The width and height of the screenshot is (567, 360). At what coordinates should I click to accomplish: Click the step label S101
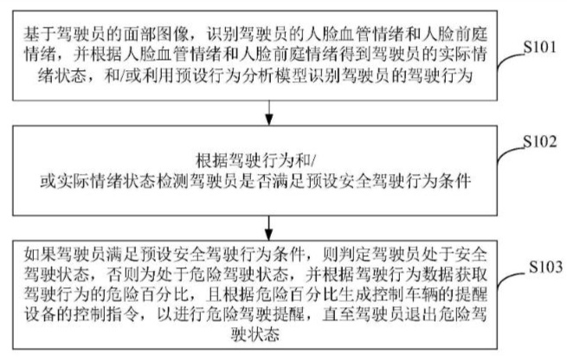tap(540, 47)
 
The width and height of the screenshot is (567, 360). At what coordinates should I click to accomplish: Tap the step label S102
tap(540, 142)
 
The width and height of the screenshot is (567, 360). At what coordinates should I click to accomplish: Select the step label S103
tap(545, 267)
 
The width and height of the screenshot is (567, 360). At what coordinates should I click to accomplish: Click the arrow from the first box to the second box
tap(268, 112)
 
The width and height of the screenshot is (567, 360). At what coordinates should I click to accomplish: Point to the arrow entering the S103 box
tap(268, 228)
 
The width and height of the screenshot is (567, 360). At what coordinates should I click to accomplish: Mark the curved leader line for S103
tap(512, 280)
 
